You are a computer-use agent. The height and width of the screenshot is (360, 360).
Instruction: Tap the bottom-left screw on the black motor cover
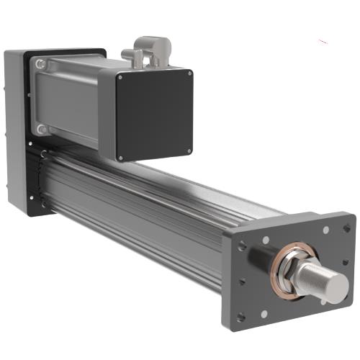[x=121, y=158]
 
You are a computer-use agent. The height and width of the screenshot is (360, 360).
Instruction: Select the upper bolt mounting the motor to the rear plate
[x=41, y=65]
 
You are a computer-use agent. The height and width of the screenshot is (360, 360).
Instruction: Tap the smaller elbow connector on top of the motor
[x=129, y=55]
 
